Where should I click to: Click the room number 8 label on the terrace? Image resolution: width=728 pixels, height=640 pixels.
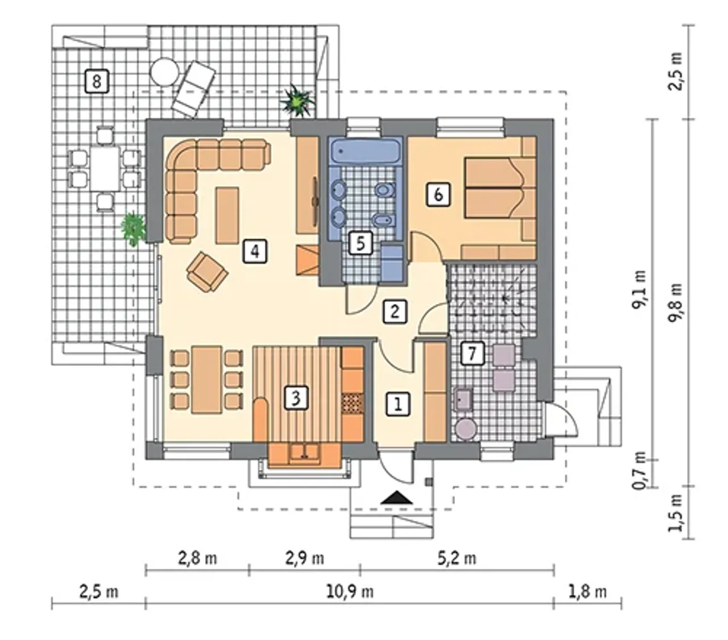(96, 81)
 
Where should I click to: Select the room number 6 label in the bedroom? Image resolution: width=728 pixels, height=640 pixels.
(439, 194)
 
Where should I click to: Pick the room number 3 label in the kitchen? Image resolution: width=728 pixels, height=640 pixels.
(296, 398)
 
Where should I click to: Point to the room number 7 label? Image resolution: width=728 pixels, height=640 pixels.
(473, 354)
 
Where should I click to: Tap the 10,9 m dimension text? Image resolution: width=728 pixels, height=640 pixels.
(349, 592)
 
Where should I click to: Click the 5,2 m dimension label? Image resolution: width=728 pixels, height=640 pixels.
(457, 559)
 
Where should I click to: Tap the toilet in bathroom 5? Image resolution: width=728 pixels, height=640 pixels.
(386, 189)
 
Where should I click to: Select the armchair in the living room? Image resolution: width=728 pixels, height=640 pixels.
(207, 272)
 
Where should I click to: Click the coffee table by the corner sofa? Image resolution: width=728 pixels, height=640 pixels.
(227, 215)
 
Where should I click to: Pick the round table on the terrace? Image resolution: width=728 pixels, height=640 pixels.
(164, 72)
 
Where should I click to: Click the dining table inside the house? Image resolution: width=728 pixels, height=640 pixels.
(206, 380)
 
